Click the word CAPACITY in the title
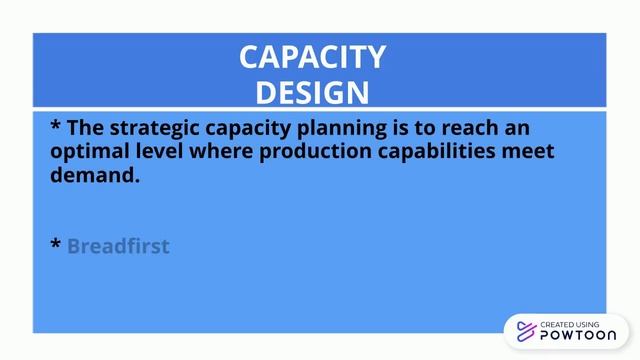coord(312,57)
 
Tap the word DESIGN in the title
coord(312,92)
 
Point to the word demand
coord(93,175)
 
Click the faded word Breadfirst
coord(118,246)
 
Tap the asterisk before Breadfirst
coord(56,245)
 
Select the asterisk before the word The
coord(56,127)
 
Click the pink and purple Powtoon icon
coord(524,331)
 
